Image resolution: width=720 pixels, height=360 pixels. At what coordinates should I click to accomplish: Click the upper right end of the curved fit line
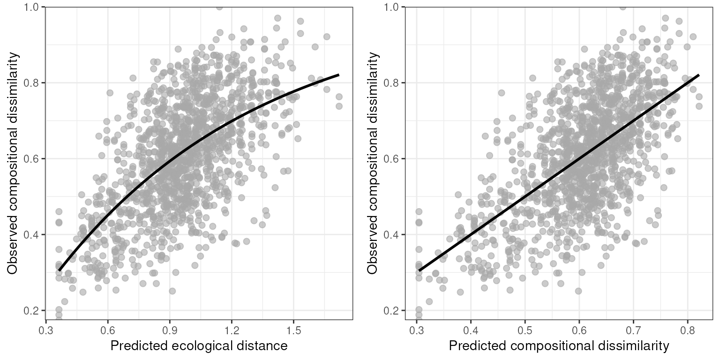click(x=338, y=75)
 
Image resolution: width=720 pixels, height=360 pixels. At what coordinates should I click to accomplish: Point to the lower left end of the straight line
click(x=419, y=270)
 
